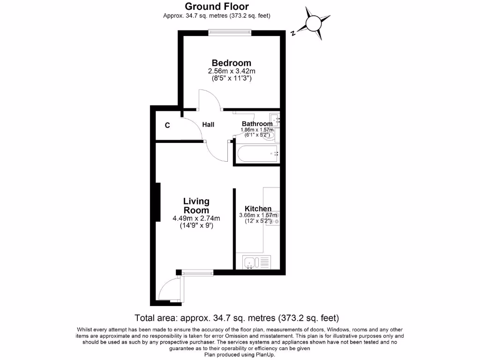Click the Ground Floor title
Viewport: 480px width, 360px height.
pyautogui.click(x=217, y=7)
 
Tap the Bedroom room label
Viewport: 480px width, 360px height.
pyautogui.click(x=231, y=63)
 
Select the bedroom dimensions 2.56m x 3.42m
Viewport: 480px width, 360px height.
pyautogui.click(x=231, y=71)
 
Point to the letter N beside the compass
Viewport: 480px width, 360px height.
pyautogui.click(x=292, y=33)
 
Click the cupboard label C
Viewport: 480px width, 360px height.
pyautogui.click(x=167, y=125)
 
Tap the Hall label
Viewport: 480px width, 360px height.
pyautogui.click(x=208, y=124)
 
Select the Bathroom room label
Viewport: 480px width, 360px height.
pyautogui.click(x=257, y=124)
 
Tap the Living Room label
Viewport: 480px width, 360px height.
pyautogui.click(x=196, y=206)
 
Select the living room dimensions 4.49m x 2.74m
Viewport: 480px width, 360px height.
pyautogui.click(x=196, y=218)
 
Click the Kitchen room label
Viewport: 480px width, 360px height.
pyautogui.click(x=258, y=209)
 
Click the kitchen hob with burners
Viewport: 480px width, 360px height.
pyautogui.click(x=273, y=217)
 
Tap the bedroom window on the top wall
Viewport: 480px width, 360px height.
pyautogui.click(x=230, y=32)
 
